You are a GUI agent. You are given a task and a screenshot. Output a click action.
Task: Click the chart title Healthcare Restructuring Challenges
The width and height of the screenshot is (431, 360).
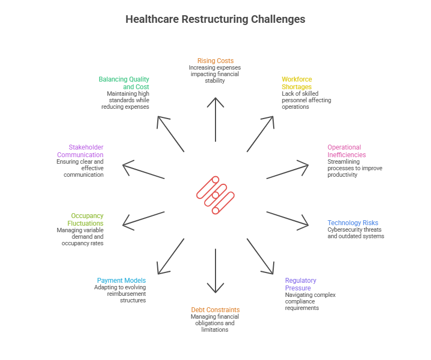coord(215,20)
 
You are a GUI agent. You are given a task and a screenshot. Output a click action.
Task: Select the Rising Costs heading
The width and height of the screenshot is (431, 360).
coord(215,61)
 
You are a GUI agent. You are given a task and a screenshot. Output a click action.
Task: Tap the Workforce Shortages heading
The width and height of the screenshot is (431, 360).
coord(297,83)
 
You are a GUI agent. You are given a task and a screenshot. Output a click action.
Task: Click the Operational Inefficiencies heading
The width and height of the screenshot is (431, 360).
coord(346,151)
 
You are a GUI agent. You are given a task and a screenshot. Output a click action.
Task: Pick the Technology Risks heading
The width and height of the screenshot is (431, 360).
coord(353,223)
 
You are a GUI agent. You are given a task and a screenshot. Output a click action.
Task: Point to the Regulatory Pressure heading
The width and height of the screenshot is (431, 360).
coord(300,284)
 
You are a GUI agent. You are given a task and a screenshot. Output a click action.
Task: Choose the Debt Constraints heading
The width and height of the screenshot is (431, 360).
coord(215,310)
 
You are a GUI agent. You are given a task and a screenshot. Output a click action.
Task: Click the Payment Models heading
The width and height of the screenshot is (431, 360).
coord(121,281)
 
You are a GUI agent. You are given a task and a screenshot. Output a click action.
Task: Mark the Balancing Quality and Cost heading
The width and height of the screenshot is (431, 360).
coord(125,83)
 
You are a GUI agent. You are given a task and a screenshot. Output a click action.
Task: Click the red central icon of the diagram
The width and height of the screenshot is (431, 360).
coord(215,195)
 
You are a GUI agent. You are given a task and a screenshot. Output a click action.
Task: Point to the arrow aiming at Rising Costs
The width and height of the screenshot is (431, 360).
coord(215,120)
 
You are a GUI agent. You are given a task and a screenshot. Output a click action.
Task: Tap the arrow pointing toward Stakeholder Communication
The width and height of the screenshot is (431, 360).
coord(143,171)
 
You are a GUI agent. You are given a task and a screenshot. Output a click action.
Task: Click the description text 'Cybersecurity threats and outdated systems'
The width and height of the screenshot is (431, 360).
coord(355,233)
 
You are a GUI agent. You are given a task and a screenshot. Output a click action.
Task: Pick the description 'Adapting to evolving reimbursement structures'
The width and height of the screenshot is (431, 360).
coord(120,294)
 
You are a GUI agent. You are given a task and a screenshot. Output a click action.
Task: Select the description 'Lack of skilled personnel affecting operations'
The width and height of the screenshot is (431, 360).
coord(306,100)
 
